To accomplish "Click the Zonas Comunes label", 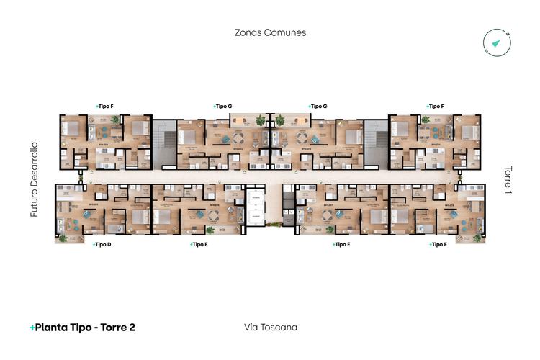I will point(270,32).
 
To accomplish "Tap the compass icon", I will point(496,42).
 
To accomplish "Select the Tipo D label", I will point(102,244).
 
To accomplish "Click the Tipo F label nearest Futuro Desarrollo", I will point(105,106).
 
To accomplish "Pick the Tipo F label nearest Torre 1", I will point(435,106).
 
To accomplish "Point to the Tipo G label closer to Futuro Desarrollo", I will point(224,106).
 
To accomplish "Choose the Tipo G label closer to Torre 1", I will point(318,106).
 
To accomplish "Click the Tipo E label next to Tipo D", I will point(199,244).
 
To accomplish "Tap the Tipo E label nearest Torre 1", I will point(438,244).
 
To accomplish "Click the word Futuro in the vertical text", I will point(33,202).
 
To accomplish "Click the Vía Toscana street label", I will point(271,328).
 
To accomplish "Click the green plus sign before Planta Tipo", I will point(32,328).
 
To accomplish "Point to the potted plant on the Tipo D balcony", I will point(63,238).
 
